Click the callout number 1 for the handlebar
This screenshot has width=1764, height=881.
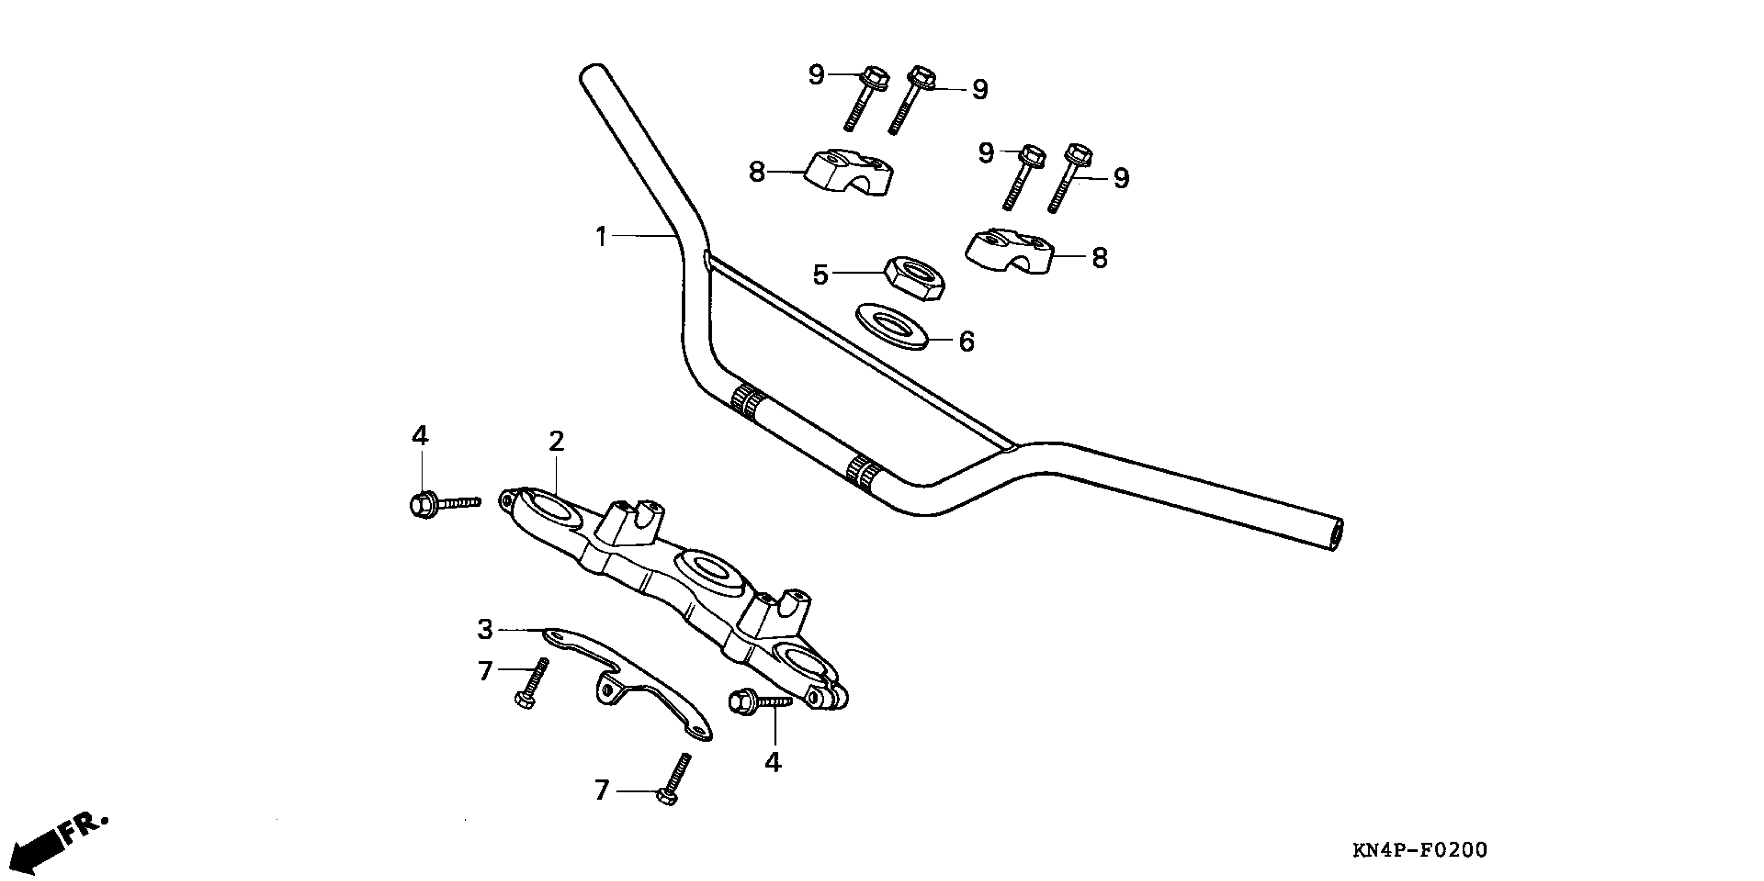[601, 237]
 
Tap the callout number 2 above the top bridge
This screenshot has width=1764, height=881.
[556, 442]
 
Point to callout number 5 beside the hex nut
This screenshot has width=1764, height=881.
[821, 275]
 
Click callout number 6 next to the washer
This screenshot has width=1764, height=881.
[966, 341]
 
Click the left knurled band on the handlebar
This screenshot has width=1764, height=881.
[747, 404]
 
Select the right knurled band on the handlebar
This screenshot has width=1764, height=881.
[863, 474]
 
